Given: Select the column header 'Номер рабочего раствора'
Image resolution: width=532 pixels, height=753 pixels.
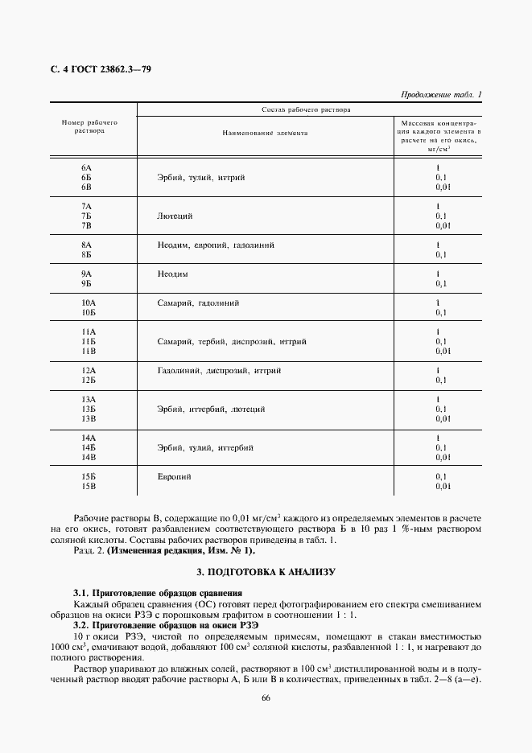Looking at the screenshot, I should pyautogui.click(x=90, y=127).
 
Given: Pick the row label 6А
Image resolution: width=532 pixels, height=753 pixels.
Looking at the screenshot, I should pyautogui.click(x=88, y=167).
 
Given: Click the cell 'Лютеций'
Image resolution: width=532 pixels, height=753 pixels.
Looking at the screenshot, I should pyautogui.click(x=175, y=216).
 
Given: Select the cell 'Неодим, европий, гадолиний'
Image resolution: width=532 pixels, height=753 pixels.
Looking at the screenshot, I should pyautogui.click(x=217, y=245).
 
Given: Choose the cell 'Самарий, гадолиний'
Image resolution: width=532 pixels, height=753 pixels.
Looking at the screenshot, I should pyautogui.click(x=199, y=302).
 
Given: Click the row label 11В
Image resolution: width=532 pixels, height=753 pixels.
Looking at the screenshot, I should pyautogui.click(x=89, y=352).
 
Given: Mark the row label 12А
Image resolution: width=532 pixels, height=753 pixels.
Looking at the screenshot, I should pyautogui.click(x=89, y=370).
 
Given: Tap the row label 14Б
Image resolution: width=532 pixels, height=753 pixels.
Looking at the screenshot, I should pyautogui.click(x=89, y=446).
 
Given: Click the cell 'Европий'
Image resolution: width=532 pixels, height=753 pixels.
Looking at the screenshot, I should pyautogui.click(x=175, y=476).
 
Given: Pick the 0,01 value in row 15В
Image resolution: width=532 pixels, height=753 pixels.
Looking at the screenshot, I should pyautogui.click(x=442, y=486).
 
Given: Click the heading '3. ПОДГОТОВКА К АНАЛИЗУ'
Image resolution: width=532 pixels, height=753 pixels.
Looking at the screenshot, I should pyautogui.click(x=266, y=571).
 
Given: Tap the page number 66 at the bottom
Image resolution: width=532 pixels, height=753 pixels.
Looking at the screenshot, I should pyautogui.click(x=266, y=697).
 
